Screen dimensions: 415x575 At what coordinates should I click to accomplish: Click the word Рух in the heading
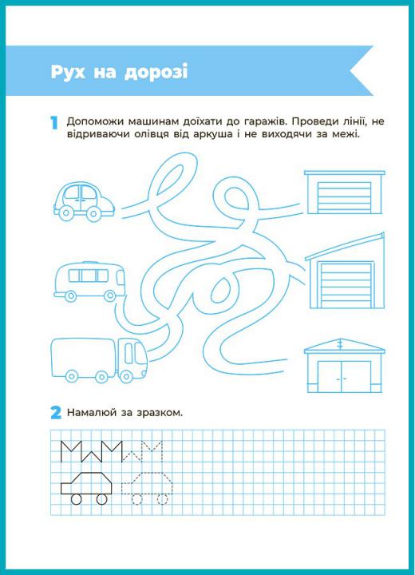pyautogui.click(x=68, y=72)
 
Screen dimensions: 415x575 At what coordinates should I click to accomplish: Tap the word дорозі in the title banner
pyautogui.click(x=156, y=72)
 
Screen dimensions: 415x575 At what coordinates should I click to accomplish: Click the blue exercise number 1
pyautogui.click(x=54, y=123)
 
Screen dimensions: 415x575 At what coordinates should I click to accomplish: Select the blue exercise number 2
pyautogui.click(x=56, y=413)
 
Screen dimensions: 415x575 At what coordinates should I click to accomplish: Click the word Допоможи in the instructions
pyautogui.click(x=95, y=121)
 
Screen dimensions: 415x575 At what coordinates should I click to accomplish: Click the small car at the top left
pyautogui.click(x=84, y=202)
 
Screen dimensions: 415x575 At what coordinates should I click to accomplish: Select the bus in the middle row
pyautogui.click(x=90, y=281)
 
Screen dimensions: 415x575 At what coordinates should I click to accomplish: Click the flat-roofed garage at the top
pyautogui.click(x=345, y=192)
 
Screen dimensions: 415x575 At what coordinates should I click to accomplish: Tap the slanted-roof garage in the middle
pyautogui.click(x=345, y=271)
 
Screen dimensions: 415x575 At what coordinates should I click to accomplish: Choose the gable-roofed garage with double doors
pyautogui.click(x=345, y=366)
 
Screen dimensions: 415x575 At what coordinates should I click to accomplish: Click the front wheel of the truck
pyautogui.click(x=126, y=376)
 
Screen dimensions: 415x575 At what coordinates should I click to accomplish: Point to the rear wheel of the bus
pyautogui.click(x=70, y=295)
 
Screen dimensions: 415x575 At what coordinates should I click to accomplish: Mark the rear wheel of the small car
pyautogui.click(x=66, y=212)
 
